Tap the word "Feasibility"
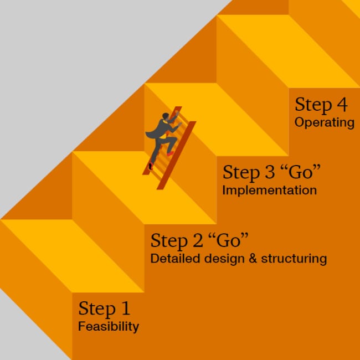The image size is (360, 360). click(x=109, y=326)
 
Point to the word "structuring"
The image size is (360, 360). click(x=294, y=259)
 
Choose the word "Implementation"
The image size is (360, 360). click(x=270, y=191)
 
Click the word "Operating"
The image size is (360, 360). click(x=325, y=122)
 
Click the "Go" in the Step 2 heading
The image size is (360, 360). click(x=229, y=240)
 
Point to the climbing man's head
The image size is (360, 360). click(x=166, y=116)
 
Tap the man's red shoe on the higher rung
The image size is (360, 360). click(x=171, y=153)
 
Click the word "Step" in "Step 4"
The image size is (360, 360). click(x=313, y=105)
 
